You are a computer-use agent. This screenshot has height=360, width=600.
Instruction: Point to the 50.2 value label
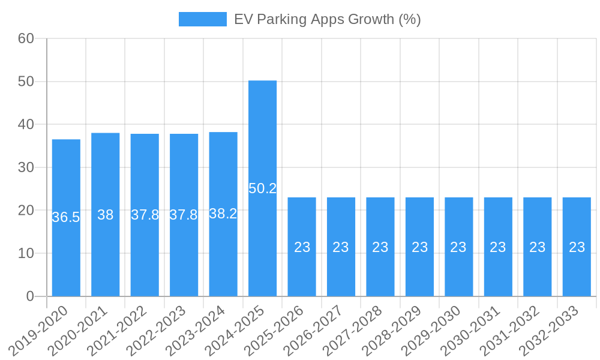262,188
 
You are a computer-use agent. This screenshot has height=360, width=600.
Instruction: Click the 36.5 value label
66,217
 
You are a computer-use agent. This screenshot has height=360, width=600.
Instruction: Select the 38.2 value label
223,214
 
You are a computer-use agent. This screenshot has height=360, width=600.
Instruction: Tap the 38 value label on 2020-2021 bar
106,215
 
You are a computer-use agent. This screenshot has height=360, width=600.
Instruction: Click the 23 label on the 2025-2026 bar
302,247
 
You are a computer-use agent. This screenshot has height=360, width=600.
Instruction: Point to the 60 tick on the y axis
26,38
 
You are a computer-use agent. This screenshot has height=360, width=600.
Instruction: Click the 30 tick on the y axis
26,167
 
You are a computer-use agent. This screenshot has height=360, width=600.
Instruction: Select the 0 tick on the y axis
30,296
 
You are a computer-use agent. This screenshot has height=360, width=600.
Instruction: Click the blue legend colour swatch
202,19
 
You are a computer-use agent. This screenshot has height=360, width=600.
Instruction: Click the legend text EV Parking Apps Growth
327,19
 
